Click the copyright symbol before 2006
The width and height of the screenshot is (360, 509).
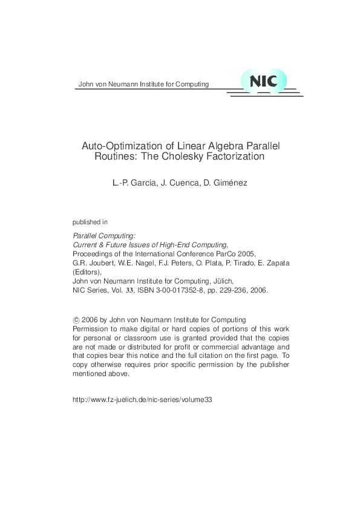75,320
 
